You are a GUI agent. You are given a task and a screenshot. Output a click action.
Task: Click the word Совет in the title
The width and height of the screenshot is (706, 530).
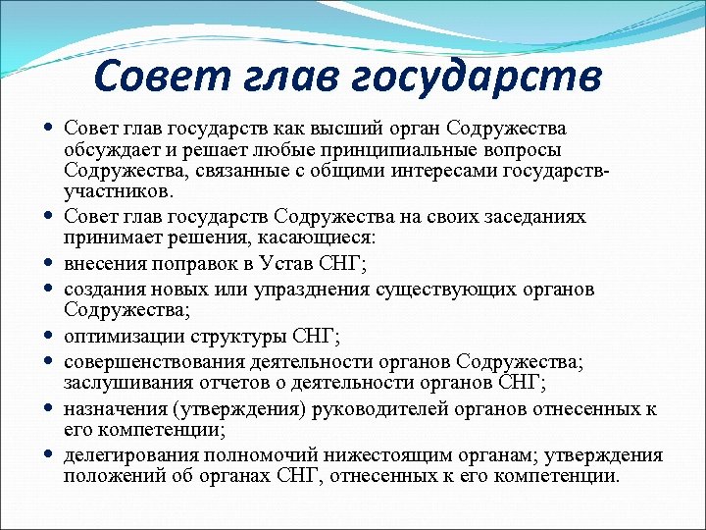tap(162, 75)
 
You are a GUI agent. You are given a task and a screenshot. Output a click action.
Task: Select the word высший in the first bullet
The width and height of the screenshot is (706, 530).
tap(340, 130)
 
